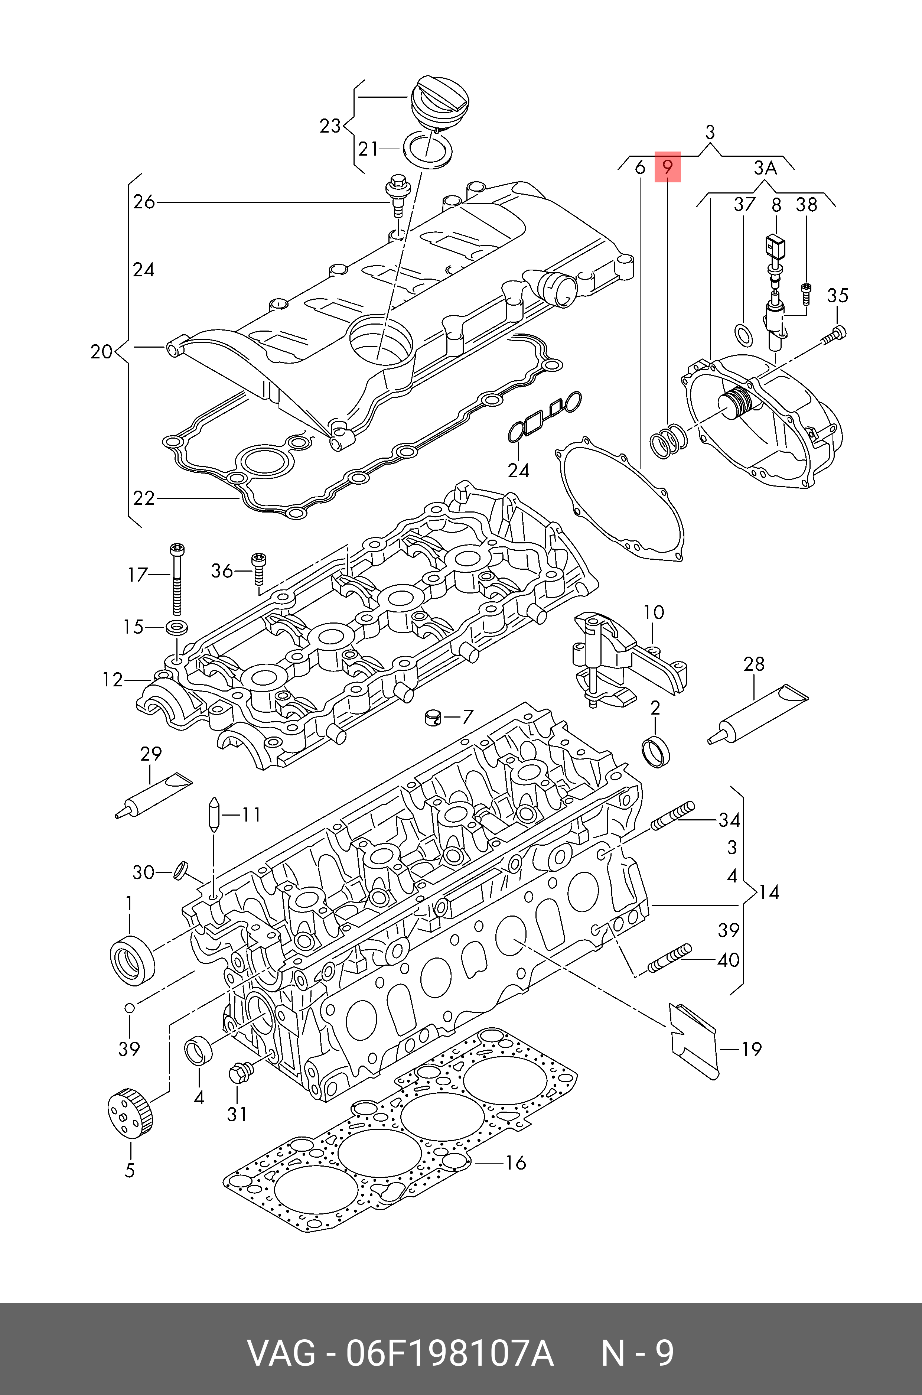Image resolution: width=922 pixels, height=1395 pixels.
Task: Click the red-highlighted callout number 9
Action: (667, 167)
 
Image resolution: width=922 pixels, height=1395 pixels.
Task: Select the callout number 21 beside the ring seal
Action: (368, 149)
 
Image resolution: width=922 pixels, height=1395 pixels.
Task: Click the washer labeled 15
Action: (177, 627)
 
